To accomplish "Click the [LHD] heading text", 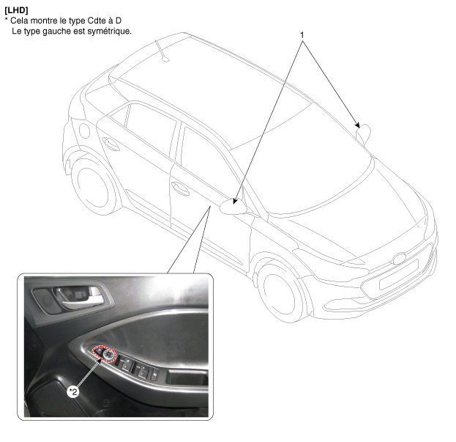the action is point(16,10).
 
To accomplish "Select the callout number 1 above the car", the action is point(302,35).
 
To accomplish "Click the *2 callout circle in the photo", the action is point(73,392).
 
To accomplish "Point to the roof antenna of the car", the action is point(162,51).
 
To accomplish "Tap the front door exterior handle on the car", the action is point(181,188).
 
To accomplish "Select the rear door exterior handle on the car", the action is point(111,144).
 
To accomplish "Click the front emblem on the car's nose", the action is point(400,258).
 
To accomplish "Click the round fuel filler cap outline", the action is point(85,130).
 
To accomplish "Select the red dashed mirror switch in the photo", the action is point(104,354).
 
